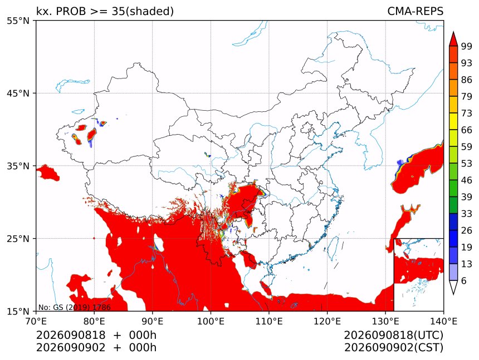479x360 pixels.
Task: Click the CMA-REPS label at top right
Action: tap(415, 11)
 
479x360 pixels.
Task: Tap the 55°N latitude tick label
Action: tap(18, 21)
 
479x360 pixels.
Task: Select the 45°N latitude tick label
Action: tap(18, 93)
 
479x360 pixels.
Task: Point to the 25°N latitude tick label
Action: tap(18, 238)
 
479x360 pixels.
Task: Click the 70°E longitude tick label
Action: tap(36, 321)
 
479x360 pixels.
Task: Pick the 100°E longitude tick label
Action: tap(211, 321)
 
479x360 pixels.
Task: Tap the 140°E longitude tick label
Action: tap(443, 321)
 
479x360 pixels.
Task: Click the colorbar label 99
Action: tap(467, 46)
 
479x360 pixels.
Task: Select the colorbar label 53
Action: tap(467, 164)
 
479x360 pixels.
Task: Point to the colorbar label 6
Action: tap(464, 280)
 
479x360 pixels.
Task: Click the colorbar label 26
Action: tap(467, 230)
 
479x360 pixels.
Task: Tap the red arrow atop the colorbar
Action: tap(453, 39)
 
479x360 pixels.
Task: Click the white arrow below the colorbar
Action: tap(453, 287)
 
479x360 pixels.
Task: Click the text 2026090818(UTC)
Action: tap(393, 335)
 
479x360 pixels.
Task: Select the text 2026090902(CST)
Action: tap(393, 348)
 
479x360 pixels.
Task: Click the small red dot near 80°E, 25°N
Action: tap(94, 238)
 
